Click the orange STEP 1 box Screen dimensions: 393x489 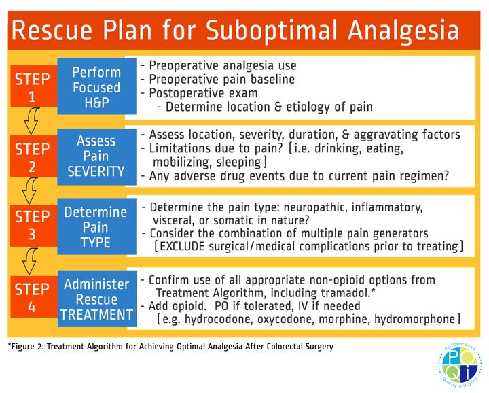pos(32,87)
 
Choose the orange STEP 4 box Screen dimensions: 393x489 pos(32,298)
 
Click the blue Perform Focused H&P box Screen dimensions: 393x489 pos(96,87)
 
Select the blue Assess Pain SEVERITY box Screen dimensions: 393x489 pos(96,156)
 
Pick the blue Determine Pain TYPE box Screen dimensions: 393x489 pos(96,227)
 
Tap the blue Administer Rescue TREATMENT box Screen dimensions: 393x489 pos(96,299)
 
